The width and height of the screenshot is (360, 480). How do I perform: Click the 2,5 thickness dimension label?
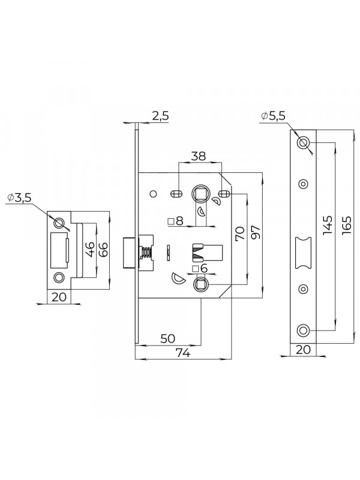pyautogui.click(x=160, y=116)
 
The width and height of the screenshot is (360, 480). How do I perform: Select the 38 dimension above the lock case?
pyautogui.click(x=199, y=157)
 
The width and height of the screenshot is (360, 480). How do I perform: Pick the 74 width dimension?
pyautogui.click(x=182, y=353)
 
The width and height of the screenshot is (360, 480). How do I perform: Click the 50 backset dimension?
pyautogui.click(x=168, y=338)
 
